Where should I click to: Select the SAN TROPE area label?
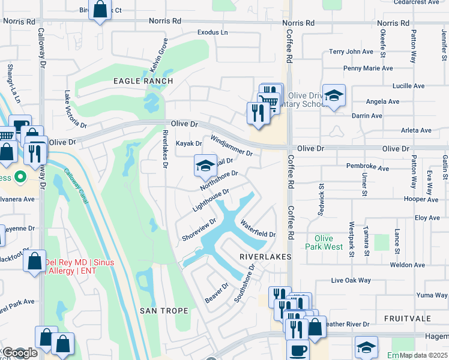tap(164, 310)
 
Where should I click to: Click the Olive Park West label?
tap(324, 242)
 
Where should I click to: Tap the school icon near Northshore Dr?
tap(205, 166)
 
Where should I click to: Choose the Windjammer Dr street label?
tap(231, 146)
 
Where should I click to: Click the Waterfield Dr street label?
tap(258, 229)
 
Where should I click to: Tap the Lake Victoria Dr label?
tap(76, 110)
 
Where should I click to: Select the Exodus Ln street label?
tap(213, 32)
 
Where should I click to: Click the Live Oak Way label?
tap(351, 280)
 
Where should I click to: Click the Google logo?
tap(19, 353)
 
